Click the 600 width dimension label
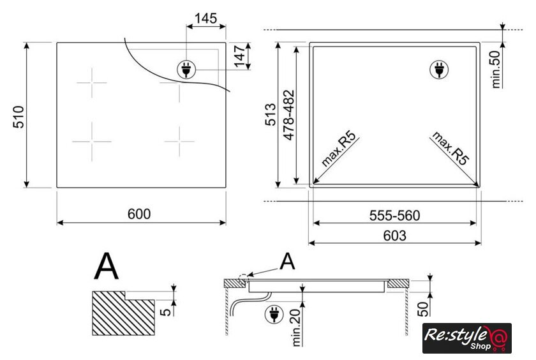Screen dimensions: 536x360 pos(139,214)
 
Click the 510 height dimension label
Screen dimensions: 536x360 pos(19,117)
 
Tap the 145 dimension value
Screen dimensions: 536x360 pos(205,18)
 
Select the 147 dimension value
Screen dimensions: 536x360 pos(239,56)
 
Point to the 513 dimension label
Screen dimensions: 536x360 pos(271,114)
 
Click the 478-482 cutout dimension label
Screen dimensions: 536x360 pos(289,115)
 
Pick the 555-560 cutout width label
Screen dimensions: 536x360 pos(394,216)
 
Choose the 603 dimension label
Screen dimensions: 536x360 pos(394,236)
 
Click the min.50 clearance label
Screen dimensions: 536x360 pos(496,70)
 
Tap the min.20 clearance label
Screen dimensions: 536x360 pos(296,327)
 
